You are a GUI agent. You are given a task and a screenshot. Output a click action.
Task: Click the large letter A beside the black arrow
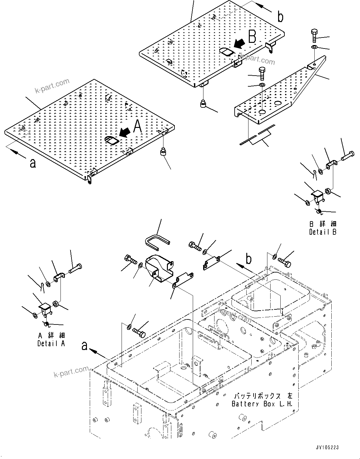(x=138, y=127)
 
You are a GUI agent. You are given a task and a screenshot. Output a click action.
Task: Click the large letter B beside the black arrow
(x=252, y=37)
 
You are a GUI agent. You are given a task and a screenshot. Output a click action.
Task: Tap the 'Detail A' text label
(x=51, y=344)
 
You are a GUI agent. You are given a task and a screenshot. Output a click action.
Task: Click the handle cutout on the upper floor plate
(x=226, y=52)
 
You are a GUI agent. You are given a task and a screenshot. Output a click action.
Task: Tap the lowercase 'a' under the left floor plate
(x=32, y=163)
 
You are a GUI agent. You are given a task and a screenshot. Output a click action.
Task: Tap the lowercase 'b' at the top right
(x=280, y=17)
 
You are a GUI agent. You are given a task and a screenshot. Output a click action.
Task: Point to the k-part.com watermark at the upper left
(x=52, y=85)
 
